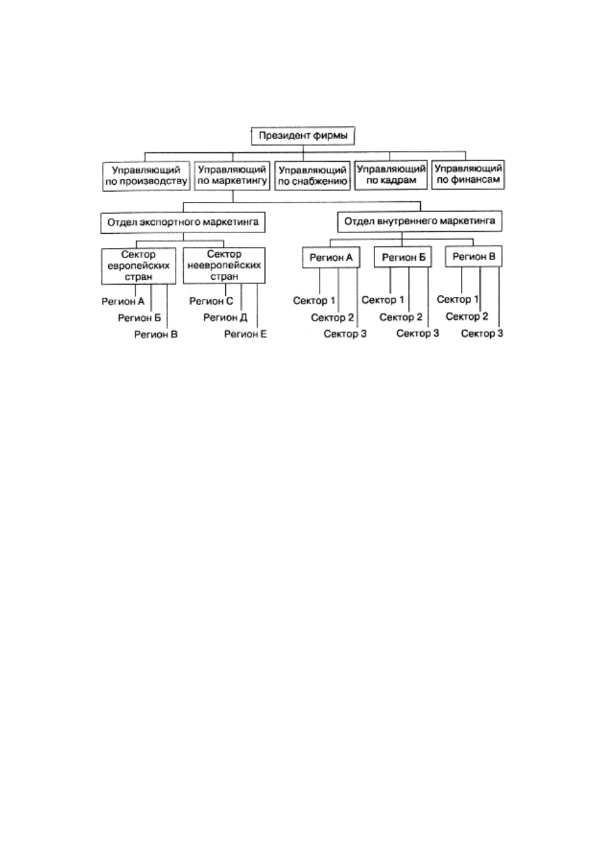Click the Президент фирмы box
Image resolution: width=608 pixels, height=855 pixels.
coord(303,136)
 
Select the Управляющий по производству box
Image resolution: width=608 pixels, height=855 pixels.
coord(146,176)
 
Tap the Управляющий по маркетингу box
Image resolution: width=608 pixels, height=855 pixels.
coord(232,176)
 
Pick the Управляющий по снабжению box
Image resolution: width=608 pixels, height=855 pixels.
coord(313,176)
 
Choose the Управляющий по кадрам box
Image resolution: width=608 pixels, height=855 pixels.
coord(391,175)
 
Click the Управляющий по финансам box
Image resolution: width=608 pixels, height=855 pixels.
coord(468,175)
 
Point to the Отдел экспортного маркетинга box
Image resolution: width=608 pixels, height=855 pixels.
coord(183,222)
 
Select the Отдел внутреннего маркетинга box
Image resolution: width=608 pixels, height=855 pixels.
coord(420,221)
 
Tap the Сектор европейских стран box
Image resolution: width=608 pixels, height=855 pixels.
coord(138,266)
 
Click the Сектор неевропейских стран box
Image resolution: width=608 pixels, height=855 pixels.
coord(224,266)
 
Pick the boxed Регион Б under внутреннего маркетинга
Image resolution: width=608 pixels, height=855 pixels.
coord(403,257)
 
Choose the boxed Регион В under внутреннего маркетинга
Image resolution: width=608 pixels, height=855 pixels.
coord(474,257)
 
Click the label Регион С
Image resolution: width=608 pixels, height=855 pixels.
coord(211,301)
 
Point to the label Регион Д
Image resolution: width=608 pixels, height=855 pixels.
coord(225,317)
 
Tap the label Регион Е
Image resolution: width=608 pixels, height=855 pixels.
coord(245,334)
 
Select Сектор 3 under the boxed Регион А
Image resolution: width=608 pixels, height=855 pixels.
coord(345,334)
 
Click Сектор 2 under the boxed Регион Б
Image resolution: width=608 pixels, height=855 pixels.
coord(401,317)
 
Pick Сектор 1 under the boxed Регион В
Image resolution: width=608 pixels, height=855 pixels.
coord(457,299)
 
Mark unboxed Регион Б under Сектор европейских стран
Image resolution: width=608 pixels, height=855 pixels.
coord(139,318)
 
